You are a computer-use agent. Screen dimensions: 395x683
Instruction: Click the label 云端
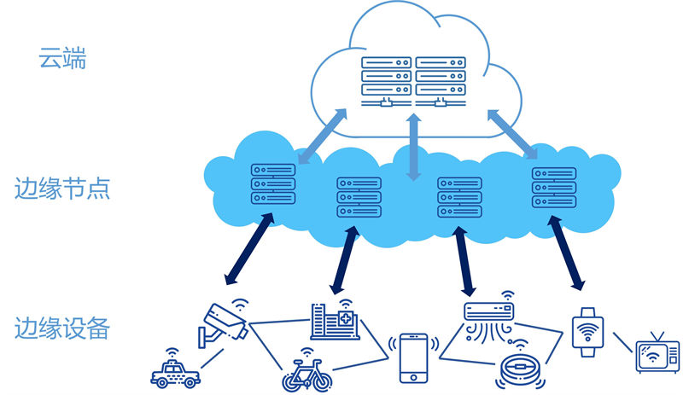click(x=62, y=59)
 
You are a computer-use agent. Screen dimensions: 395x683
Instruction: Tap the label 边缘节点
click(x=62, y=188)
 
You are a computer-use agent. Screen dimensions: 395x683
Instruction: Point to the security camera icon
click(x=224, y=322)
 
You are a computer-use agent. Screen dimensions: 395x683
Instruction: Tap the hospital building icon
click(x=335, y=321)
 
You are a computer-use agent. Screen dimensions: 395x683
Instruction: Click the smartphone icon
click(x=414, y=357)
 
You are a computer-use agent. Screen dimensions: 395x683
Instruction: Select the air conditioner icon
click(x=489, y=314)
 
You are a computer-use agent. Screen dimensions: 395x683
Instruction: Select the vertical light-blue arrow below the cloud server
click(x=414, y=147)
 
